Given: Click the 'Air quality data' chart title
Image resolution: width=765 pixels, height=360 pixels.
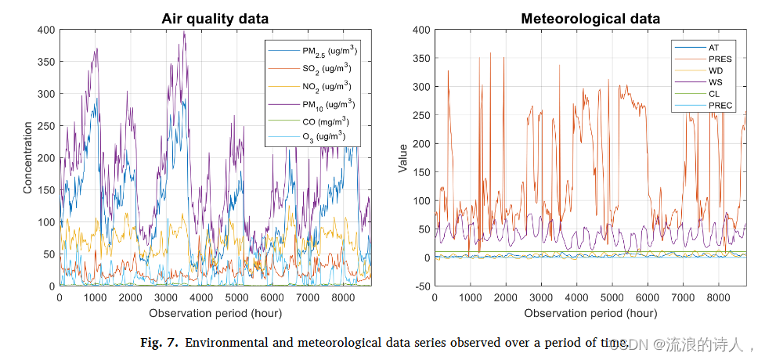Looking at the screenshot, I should coord(215,19).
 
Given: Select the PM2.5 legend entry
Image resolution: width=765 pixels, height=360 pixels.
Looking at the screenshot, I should coord(328,51).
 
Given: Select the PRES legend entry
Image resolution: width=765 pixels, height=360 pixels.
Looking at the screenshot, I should coord(720,59).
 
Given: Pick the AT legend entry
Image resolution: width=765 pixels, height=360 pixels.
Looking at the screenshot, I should coord(714,48).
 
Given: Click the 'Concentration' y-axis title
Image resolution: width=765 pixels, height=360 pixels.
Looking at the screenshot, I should coord(27,159).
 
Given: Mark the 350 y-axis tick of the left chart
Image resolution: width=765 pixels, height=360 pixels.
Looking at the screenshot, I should coord(46,62).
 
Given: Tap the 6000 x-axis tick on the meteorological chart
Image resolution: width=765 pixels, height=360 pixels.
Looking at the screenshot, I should coord(648,298).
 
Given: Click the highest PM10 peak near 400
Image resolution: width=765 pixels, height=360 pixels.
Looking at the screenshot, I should coord(184,32).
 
